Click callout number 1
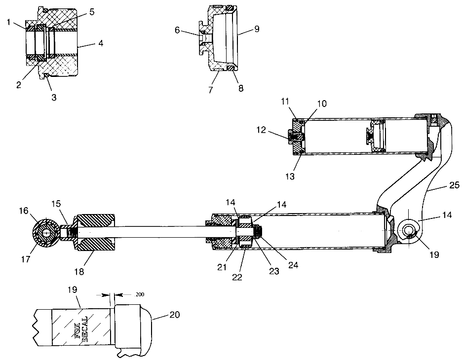(9, 22)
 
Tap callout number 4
(101, 43)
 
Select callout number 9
(257, 29)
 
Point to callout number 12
(261, 130)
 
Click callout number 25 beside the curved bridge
(455, 185)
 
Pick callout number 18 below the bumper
(79, 271)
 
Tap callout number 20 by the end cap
(175, 315)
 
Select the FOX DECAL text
(84, 329)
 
